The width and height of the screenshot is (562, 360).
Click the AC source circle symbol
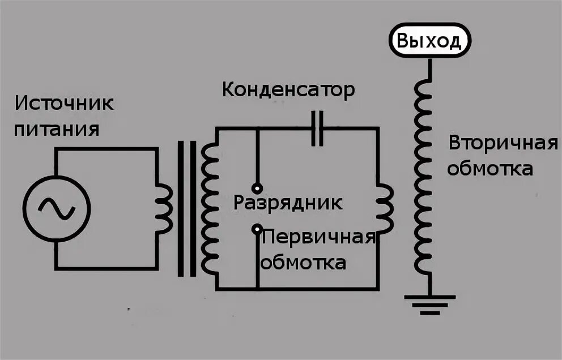[57, 209]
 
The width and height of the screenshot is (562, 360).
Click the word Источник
[64, 105]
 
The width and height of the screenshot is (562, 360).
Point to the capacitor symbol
[318, 128]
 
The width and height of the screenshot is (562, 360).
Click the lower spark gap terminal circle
[257, 229]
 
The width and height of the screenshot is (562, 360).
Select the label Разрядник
[288, 203]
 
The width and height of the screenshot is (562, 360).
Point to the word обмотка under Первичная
[303, 263]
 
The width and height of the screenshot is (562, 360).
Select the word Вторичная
[504, 144]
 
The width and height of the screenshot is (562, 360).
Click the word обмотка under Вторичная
[490, 169]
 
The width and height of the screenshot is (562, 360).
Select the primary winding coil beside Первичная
[385, 209]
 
